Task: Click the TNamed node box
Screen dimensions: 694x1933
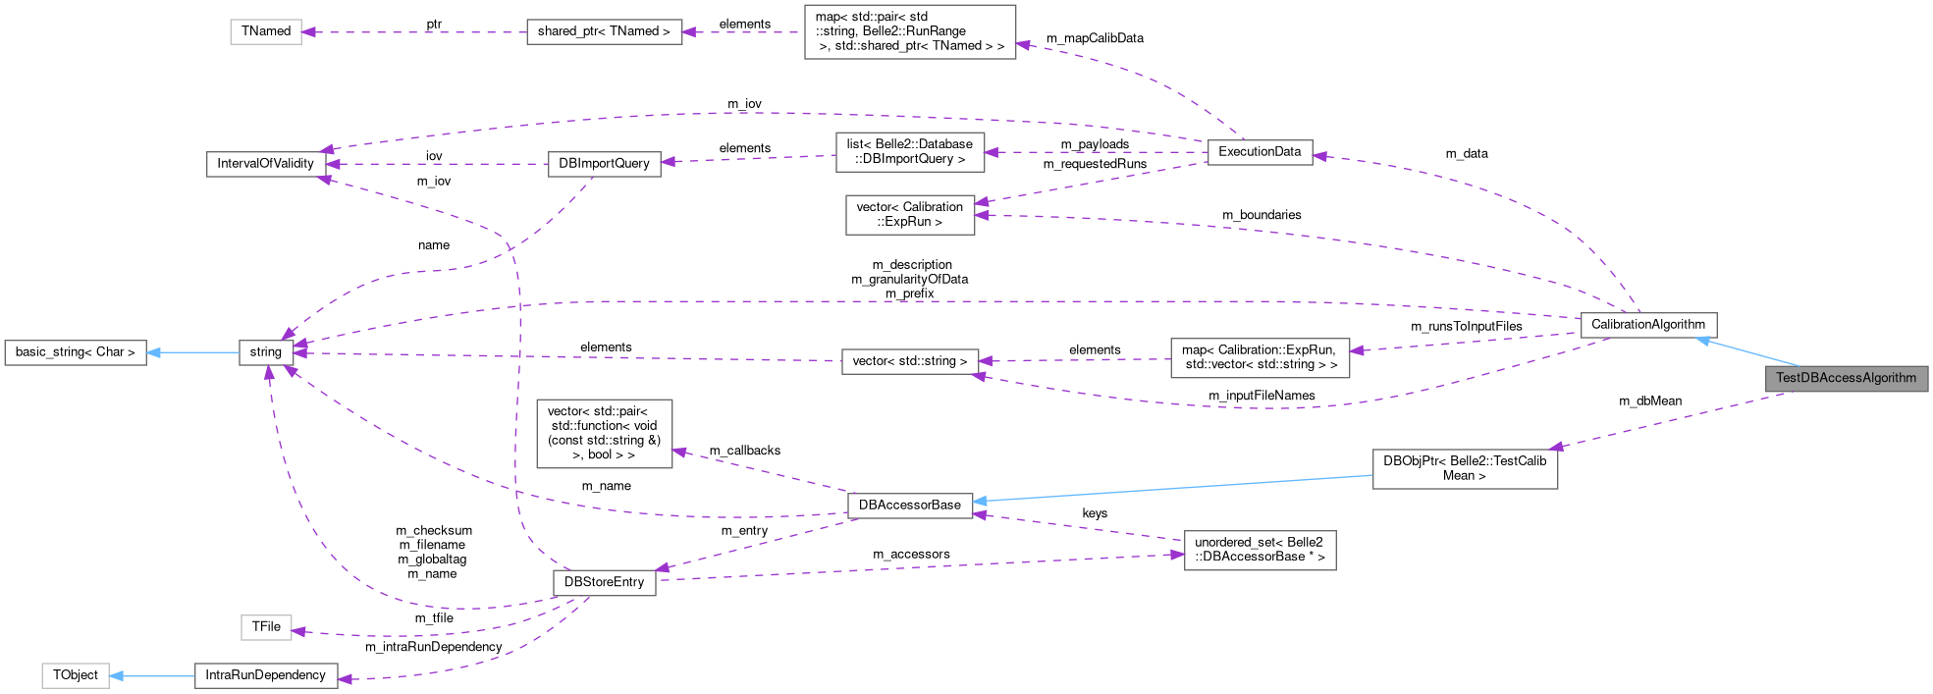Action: pyautogui.click(x=266, y=31)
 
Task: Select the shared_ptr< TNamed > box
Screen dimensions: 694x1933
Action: pyautogui.click(x=604, y=31)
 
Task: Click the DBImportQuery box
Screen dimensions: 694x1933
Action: pyautogui.click(x=604, y=164)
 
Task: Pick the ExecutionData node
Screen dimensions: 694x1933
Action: pyautogui.click(x=1259, y=152)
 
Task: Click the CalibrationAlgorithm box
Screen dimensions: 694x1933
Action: pyautogui.click(x=1647, y=325)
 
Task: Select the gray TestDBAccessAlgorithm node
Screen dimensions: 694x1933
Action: pyautogui.click(x=1846, y=378)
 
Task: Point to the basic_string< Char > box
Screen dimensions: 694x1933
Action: pyautogui.click(x=76, y=352)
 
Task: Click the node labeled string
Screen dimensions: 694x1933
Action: pyautogui.click(x=265, y=352)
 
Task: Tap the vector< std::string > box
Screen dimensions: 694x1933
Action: pyautogui.click(x=909, y=361)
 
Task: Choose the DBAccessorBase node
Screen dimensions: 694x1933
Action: pyautogui.click(x=909, y=506)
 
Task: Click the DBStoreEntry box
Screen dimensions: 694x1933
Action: pyautogui.click(x=604, y=582)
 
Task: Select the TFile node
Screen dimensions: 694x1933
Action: pyautogui.click(x=266, y=627)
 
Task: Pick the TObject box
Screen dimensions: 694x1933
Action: pyautogui.click(x=76, y=675)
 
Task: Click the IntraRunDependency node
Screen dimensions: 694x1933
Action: pyautogui.click(x=265, y=675)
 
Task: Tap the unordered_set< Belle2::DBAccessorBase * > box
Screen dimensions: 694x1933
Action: pyautogui.click(x=1259, y=550)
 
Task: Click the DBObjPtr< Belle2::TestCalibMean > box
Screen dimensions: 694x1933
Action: pyautogui.click(x=1464, y=468)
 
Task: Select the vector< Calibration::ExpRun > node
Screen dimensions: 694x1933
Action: pyautogui.click(x=909, y=215)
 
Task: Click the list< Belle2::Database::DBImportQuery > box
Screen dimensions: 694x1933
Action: pyautogui.click(x=909, y=152)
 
